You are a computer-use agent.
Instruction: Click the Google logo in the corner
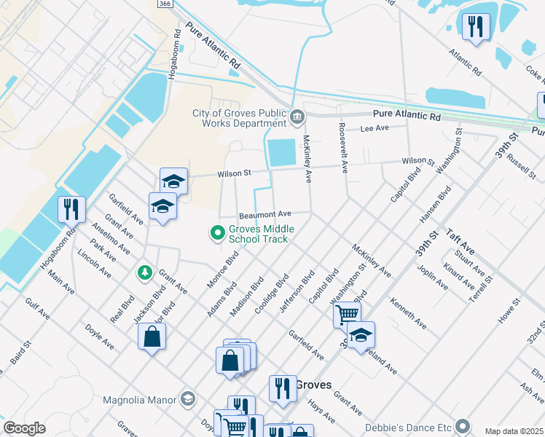(x=24, y=428)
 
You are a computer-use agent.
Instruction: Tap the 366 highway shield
(x=165, y=4)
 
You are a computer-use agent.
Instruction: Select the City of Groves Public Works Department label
(x=240, y=118)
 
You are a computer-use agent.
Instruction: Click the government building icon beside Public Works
(x=297, y=117)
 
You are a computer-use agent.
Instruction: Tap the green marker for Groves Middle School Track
(x=216, y=233)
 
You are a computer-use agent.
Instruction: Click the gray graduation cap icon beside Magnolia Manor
(x=188, y=399)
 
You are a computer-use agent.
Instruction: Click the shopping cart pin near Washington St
(x=347, y=315)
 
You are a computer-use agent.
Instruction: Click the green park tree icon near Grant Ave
(x=145, y=273)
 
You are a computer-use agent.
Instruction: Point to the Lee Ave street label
(x=375, y=128)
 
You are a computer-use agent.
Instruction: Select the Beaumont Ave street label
(x=265, y=214)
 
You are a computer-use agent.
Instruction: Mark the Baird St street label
(x=20, y=353)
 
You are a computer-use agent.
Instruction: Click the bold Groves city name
(x=314, y=385)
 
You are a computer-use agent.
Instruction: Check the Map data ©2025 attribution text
(x=514, y=431)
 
